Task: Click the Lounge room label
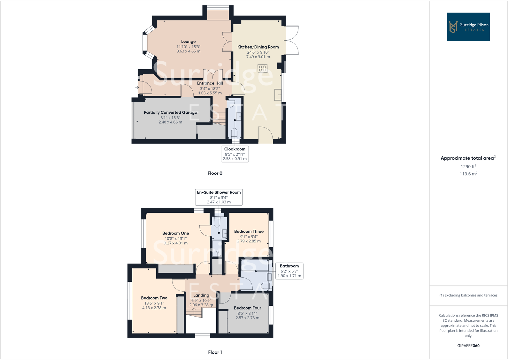(188, 42)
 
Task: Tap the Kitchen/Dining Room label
(258, 47)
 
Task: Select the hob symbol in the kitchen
(263, 68)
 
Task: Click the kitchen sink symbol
(278, 95)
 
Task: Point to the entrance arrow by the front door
(137, 87)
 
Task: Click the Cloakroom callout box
(235, 154)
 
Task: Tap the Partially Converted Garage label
(170, 112)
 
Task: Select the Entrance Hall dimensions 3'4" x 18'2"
(210, 88)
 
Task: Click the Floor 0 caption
(215, 173)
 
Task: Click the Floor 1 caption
(215, 352)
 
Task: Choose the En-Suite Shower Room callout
(219, 197)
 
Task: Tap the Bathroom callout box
(289, 271)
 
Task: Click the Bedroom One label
(175, 233)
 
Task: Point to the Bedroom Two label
(154, 298)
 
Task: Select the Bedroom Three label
(249, 231)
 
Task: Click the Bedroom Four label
(247, 308)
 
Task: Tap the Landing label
(201, 295)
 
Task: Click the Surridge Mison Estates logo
(468, 27)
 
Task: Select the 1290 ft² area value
(468, 166)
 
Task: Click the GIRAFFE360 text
(468, 346)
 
